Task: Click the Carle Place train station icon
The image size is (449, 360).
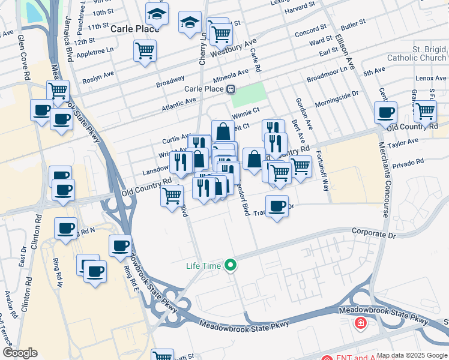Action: coord(231,89)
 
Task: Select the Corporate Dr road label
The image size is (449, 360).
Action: coord(374,232)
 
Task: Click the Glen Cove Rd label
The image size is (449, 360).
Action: coord(25,58)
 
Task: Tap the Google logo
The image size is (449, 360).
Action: coord(20,353)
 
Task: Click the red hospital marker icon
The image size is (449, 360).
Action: coord(360,324)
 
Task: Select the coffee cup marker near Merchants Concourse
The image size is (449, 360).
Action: coord(385,112)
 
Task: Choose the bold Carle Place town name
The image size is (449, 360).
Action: coord(126,28)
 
